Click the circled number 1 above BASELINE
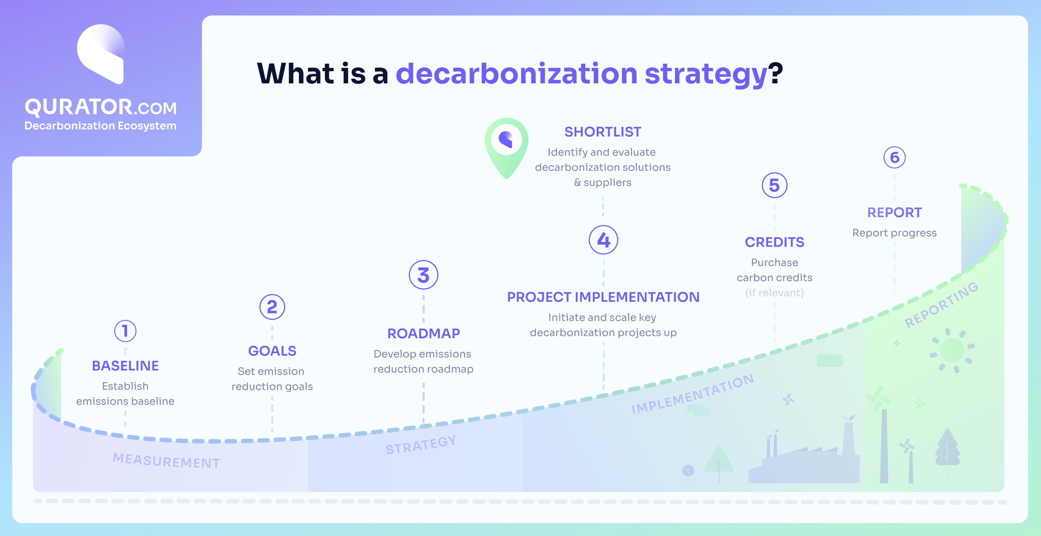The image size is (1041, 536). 125,331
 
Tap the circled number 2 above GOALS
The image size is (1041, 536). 272,307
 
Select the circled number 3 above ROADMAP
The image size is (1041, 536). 423,275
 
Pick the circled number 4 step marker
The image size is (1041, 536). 603,240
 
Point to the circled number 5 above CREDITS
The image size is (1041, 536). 774,186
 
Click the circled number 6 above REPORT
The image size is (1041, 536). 894,158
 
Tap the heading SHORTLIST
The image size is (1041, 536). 603,132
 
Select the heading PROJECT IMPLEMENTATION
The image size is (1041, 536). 603,297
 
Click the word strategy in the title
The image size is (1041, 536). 706,74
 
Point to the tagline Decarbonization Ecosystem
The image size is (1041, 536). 100,126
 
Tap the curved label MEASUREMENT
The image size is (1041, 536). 166,460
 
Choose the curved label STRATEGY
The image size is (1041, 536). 421,445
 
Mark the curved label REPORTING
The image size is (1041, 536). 941,305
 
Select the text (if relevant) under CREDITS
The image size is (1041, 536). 774,293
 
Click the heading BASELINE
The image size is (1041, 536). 125,366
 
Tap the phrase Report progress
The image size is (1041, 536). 894,233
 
